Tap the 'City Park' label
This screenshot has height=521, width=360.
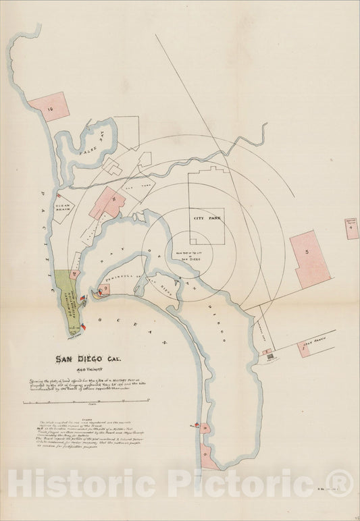[x=207, y=219]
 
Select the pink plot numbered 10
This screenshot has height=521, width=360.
[x=49, y=106]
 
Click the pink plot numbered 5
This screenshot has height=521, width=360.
[x=309, y=259]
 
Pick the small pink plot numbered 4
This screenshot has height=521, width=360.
[x=351, y=229]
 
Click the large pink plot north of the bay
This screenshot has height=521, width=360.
[x=107, y=203]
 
